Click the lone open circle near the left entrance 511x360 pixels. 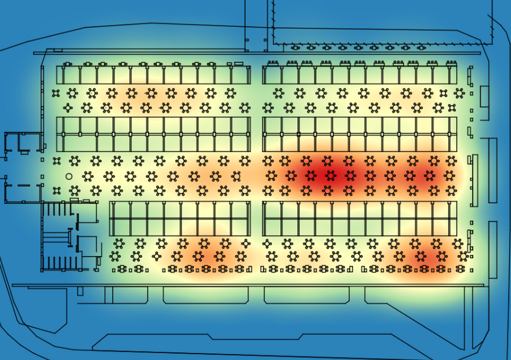(x=69, y=176)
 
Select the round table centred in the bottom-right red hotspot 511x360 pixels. (x=421, y=257)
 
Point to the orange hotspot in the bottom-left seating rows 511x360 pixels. (x=201, y=255)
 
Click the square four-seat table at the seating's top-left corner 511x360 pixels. (x=56, y=93)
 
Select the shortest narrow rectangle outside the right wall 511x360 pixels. (x=484, y=96)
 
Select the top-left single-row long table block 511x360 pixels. (x=153, y=75)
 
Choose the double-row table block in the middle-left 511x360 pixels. (x=153, y=134)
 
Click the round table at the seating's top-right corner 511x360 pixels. (x=459, y=93)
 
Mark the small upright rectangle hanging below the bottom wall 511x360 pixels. (x=79, y=290)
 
